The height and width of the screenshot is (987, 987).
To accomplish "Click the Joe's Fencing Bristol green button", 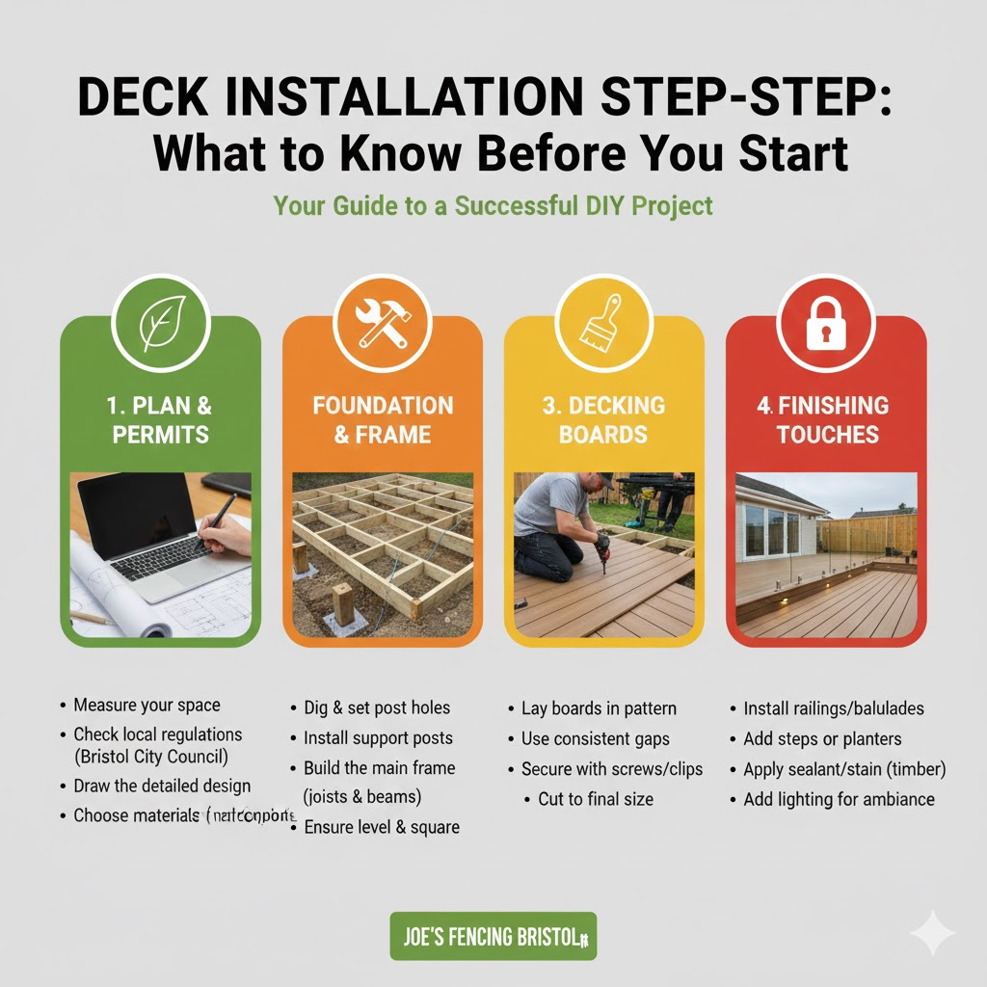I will (x=493, y=936).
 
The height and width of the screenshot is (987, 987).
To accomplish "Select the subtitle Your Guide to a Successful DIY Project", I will (x=493, y=205).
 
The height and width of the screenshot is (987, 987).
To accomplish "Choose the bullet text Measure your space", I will (x=147, y=706).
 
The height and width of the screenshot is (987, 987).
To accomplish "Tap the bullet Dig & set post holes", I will (x=377, y=708).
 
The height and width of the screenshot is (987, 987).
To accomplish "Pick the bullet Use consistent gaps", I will (x=595, y=739).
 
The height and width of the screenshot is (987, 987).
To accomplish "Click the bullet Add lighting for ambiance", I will (x=839, y=799).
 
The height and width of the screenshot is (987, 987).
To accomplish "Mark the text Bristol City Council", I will (x=151, y=756).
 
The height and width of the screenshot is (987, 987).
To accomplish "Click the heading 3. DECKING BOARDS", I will (x=604, y=419).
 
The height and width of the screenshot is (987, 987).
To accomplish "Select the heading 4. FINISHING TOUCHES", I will (x=826, y=419).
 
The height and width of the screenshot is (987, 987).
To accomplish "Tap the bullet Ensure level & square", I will (x=381, y=827).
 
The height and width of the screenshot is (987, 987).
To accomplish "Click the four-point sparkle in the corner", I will (x=932, y=933).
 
